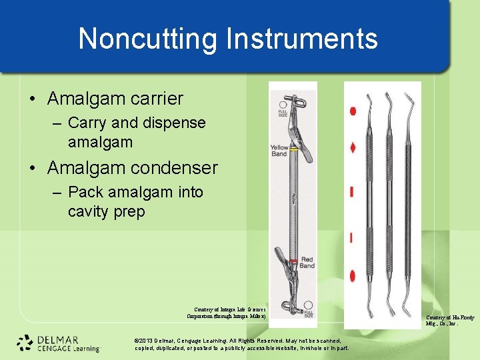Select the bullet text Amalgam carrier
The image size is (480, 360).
point(115,99)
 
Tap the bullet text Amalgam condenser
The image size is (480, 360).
point(132,167)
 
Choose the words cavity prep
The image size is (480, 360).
point(106,211)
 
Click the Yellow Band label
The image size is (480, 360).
point(279,151)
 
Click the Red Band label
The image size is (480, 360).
point(306,262)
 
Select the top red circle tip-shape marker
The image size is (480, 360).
point(353,111)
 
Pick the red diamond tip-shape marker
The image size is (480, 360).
point(353,148)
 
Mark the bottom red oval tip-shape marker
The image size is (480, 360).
point(353,275)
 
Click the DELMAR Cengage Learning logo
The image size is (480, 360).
point(59,342)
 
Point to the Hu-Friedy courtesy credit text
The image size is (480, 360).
point(451,321)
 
